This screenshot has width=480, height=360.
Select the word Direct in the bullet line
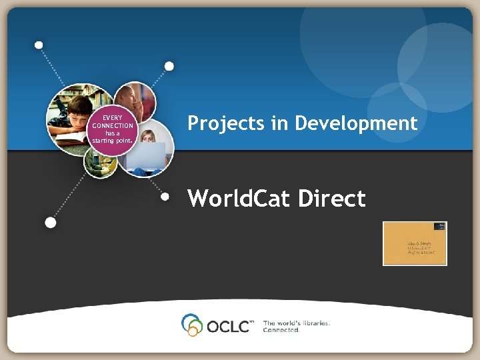tap(333, 198)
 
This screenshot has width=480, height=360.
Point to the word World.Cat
tap(240, 198)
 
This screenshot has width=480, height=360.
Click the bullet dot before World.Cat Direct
tap(167, 197)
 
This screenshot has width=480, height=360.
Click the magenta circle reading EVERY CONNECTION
tap(113, 129)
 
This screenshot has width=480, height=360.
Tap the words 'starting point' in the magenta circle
tap(113, 140)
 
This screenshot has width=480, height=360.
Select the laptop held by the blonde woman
tap(147, 155)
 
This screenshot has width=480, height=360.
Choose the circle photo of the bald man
tap(136, 100)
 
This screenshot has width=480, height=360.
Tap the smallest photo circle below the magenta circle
tap(100, 162)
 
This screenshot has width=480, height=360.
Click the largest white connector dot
tap(50, 223)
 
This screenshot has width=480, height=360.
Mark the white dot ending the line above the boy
tap(39, 45)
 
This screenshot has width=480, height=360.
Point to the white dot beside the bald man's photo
tap(169, 66)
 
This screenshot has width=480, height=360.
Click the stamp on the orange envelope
tap(439, 227)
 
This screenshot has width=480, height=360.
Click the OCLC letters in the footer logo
tap(230, 326)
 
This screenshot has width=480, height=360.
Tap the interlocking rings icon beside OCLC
tap(192, 324)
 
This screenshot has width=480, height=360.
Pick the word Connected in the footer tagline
tap(282, 329)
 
